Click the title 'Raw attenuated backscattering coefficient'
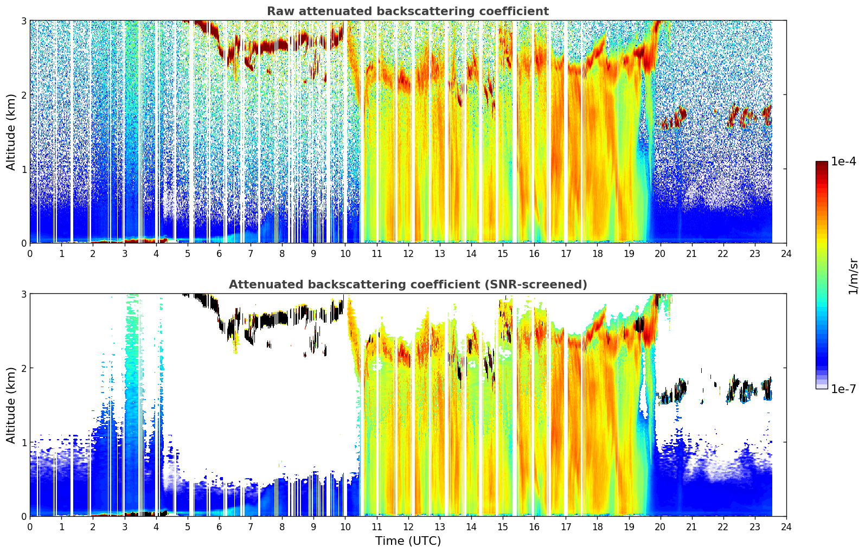point(408,11)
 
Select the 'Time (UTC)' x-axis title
point(408,541)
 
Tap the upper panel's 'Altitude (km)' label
point(11,132)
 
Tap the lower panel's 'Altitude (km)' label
point(11,405)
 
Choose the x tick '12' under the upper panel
point(408,254)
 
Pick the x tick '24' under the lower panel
point(786,527)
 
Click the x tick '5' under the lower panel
point(188,527)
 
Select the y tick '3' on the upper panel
point(23,21)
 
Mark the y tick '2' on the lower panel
point(23,368)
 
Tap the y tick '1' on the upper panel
point(23,169)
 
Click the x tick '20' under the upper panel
point(661,254)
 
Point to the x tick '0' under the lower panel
point(30,527)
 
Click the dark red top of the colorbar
point(822,163)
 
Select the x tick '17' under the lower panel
point(566,527)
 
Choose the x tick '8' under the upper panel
point(283,254)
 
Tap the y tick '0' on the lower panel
point(23,516)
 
